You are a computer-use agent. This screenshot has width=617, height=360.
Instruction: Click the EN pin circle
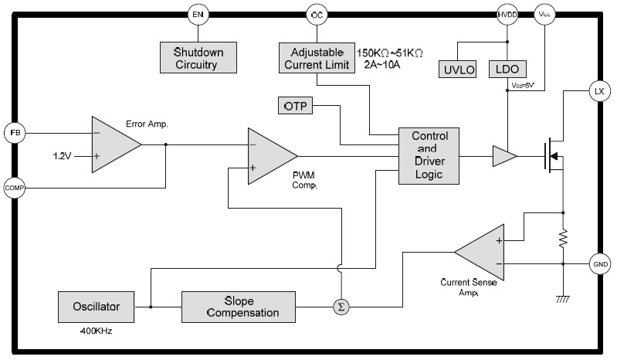coord(197,13)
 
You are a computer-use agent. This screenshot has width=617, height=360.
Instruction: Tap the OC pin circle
coord(317,13)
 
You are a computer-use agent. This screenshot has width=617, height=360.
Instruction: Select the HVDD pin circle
coord(507,13)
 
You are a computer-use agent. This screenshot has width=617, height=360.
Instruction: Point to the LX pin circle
coord(599,91)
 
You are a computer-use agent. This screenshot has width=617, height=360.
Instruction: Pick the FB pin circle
coord(15,132)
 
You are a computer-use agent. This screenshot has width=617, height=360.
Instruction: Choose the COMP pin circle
coord(15,187)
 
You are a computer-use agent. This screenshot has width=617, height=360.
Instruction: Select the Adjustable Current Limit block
coord(315,58)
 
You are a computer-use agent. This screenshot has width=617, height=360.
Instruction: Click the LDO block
coord(507,70)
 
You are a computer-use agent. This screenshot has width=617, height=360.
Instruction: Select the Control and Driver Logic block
coord(429,156)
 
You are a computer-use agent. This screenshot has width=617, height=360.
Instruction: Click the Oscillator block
coord(97,307)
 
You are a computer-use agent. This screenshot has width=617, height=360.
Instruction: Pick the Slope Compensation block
coord(240,307)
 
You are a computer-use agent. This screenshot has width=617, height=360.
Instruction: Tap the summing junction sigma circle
coord(341,307)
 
